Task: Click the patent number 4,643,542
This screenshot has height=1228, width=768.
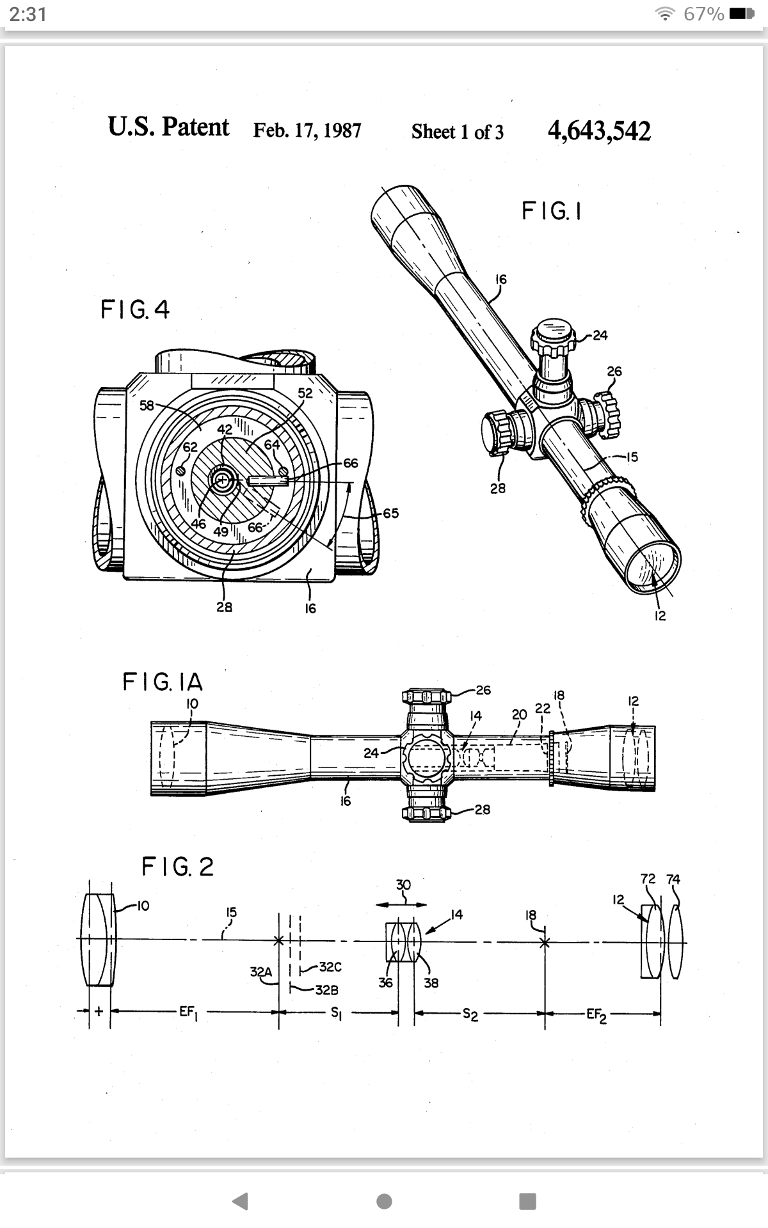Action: pos(599,131)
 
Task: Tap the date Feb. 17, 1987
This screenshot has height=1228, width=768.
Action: pos(307,130)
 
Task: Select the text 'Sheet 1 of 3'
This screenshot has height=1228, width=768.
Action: pos(458,132)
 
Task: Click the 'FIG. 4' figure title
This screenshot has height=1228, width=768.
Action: pos(135,310)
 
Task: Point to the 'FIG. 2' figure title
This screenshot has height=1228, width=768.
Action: pos(177,867)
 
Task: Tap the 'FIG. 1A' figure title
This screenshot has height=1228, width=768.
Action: pos(163,682)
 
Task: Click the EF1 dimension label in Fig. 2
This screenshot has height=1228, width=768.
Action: pos(188,1012)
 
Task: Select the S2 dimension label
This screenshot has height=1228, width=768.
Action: pos(470,1014)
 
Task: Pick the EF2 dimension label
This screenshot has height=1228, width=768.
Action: pos(596,1014)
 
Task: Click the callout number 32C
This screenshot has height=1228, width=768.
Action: pos(330,967)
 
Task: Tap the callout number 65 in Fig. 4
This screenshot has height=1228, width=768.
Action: pos(390,513)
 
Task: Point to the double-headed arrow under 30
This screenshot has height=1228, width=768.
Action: pos(402,904)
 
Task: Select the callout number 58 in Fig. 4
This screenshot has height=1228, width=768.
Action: pos(147,405)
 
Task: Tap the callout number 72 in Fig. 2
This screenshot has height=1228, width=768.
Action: pos(648,878)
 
